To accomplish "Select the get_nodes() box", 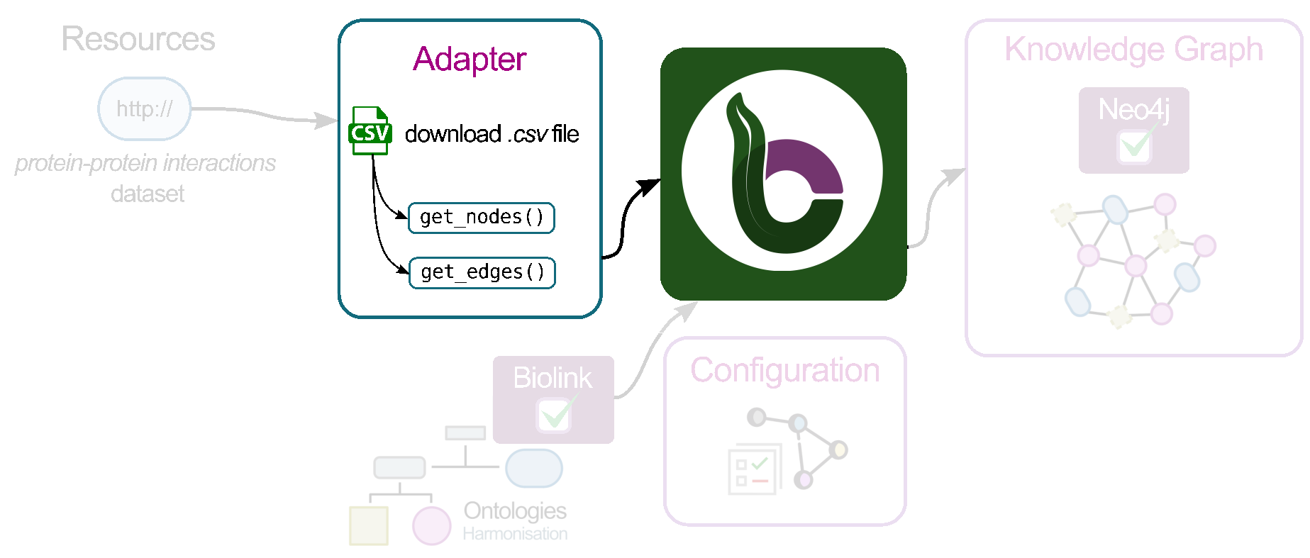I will click(482, 218).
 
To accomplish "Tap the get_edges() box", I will click(482, 273).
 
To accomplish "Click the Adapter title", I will click(470, 59).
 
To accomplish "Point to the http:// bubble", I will click(145, 108).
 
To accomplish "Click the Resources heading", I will click(138, 39).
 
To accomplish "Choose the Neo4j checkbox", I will click(1134, 146).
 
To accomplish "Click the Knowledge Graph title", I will click(1133, 50).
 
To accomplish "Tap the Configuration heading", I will click(785, 371).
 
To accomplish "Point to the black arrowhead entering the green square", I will click(648, 187).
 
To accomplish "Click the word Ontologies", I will click(515, 510).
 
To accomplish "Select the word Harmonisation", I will click(515, 534).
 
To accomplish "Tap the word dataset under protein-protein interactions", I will click(148, 194).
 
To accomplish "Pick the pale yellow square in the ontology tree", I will click(369, 525).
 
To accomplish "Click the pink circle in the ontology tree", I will click(432, 525).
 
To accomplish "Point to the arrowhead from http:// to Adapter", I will click(326, 121).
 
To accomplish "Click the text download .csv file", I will click(492, 134).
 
